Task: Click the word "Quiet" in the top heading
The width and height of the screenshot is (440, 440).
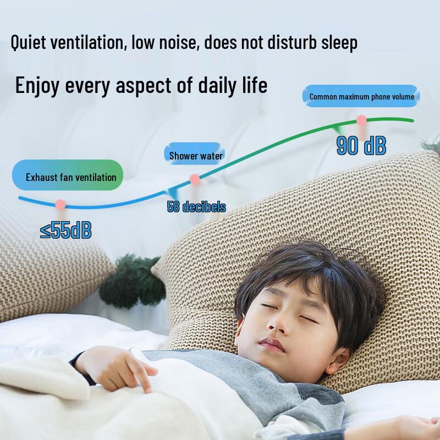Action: click(28, 43)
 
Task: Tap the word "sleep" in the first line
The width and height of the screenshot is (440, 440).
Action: click(339, 43)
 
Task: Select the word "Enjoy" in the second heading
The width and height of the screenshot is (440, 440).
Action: click(37, 86)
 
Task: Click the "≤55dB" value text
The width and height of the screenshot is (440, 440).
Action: click(65, 230)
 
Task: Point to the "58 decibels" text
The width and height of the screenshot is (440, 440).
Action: click(196, 207)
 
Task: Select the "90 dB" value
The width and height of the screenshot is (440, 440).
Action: click(361, 145)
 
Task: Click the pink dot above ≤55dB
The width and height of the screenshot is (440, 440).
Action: click(61, 205)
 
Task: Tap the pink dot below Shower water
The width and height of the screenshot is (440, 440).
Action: click(195, 179)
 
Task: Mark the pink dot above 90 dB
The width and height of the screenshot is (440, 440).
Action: click(361, 120)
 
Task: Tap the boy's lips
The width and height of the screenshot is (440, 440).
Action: click(271, 344)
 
